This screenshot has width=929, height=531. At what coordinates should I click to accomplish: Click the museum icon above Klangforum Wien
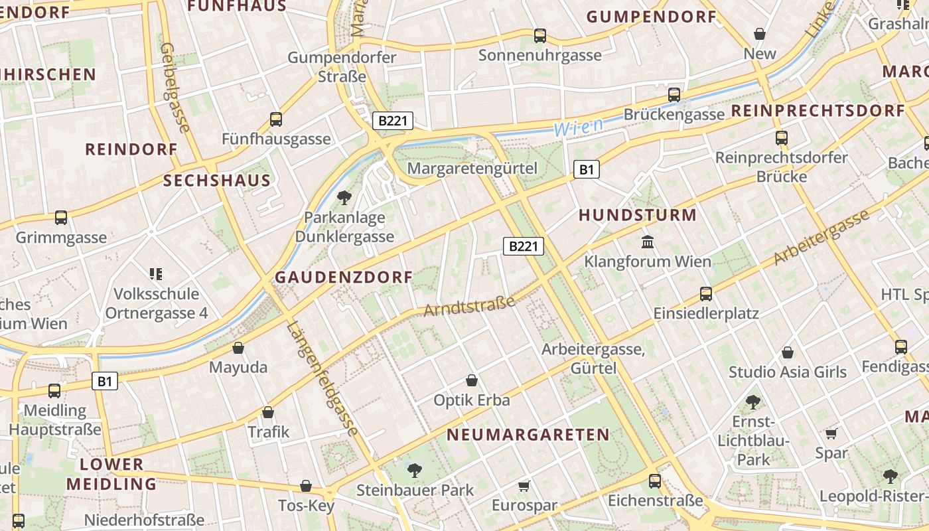(x=648, y=242)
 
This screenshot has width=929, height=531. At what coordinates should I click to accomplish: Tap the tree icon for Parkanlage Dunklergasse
(x=344, y=197)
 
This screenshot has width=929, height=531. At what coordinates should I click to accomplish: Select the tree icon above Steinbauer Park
(x=415, y=471)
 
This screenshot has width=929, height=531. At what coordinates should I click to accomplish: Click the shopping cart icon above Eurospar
(x=524, y=487)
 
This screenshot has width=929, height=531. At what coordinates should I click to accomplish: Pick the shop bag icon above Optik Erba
(x=471, y=380)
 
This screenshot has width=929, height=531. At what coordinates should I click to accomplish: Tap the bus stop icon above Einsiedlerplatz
(x=706, y=293)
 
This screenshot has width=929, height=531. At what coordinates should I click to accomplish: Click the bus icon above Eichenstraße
(x=655, y=481)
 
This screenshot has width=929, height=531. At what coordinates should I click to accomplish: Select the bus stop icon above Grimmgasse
(x=61, y=217)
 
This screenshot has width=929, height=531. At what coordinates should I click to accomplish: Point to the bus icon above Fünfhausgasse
(x=276, y=119)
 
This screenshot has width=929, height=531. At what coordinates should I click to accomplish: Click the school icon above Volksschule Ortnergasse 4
(x=156, y=273)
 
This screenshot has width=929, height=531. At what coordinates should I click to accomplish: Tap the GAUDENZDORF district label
(x=344, y=277)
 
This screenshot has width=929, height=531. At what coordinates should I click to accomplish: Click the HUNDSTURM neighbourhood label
(x=638, y=215)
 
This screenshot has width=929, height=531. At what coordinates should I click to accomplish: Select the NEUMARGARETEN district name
(x=528, y=435)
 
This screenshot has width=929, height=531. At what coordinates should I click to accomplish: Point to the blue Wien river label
(x=579, y=126)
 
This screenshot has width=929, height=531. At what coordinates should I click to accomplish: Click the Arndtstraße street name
(x=469, y=307)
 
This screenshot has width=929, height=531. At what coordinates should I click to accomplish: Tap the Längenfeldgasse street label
(x=324, y=378)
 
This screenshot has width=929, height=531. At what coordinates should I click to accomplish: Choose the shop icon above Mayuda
(x=238, y=348)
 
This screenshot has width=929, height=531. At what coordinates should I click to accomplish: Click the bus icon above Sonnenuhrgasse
(x=540, y=36)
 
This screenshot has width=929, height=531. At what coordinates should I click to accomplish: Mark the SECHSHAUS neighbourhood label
(x=217, y=181)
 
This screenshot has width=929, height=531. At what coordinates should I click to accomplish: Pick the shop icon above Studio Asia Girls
(x=788, y=352)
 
